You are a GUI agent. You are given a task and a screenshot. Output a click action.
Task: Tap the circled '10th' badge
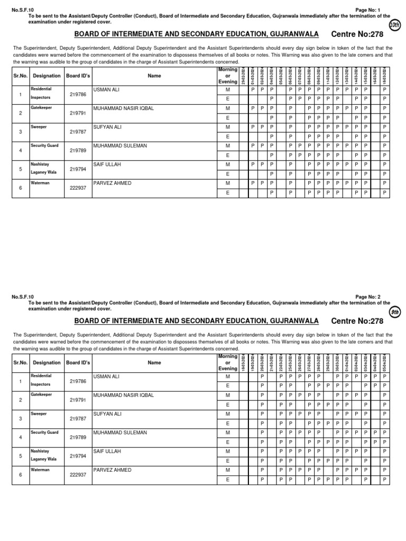point(394,25)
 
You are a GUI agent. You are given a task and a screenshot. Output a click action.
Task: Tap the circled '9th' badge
point(394,312)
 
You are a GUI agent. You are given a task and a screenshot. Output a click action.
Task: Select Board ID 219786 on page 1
point(78,95)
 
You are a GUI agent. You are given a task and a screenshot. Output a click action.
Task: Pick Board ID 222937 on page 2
point(78,474)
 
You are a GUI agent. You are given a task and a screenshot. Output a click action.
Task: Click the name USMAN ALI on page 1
point(106,90)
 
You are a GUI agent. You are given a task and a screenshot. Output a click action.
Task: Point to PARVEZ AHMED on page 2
point(112,470)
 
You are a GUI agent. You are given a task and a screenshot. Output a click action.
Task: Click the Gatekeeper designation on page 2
point(41,395)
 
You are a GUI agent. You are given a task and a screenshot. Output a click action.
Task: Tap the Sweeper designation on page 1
point(39,127)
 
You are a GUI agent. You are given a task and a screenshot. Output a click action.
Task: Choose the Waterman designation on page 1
point(40,183)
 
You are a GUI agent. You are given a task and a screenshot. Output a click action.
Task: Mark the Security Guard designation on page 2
point(44,432)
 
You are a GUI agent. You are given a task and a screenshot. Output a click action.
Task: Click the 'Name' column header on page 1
point(154,76)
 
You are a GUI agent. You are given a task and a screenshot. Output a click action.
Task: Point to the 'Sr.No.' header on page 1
point(20,76)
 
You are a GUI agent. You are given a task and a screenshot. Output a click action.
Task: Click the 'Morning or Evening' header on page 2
point(228,363)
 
